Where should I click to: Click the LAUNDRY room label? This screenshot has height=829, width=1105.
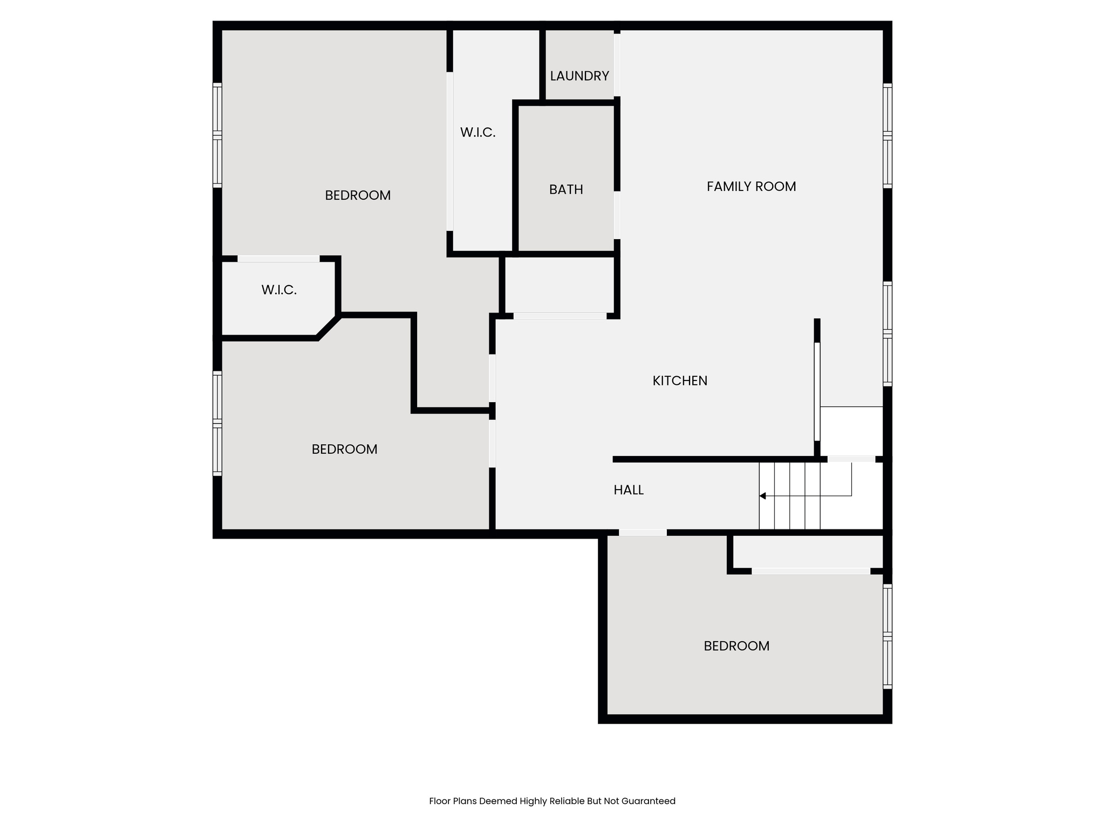click(579, 76)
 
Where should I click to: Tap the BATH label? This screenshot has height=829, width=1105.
click(566, 189)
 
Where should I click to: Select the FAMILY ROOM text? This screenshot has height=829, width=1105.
click(751, 186)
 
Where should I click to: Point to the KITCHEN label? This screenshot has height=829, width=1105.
click(680, 380)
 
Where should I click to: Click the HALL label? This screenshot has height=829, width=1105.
click(629, 490)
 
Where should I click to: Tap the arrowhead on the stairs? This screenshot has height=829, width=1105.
click(762, 495)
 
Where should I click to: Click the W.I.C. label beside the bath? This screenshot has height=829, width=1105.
click(478, 132)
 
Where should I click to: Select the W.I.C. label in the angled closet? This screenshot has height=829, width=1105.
click(279, 290)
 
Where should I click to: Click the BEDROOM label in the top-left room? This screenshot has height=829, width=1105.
click(358, 195)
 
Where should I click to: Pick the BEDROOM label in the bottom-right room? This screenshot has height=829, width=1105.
click(736, 646)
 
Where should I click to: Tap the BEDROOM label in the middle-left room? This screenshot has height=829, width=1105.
click(344, 449)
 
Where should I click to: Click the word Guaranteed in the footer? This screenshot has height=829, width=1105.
click(649, 801)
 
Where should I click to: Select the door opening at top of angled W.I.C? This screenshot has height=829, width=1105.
click(278, 259)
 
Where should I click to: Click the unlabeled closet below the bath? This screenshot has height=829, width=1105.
click(560, 285)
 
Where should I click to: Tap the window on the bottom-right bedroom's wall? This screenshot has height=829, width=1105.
click(888, 637)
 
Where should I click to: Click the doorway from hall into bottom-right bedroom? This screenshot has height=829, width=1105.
click(643, 533)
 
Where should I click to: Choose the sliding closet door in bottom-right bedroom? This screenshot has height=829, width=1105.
click(811, 571)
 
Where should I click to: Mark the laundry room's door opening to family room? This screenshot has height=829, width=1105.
click(617, 65)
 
